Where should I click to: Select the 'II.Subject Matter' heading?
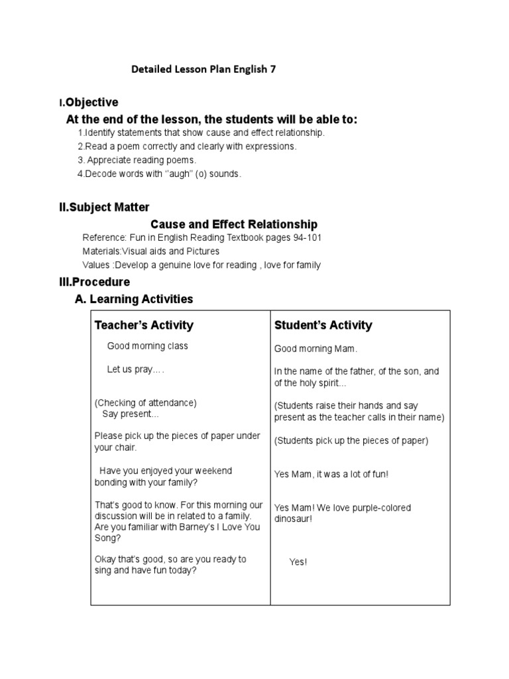pyautogui.click(x=104, y=208)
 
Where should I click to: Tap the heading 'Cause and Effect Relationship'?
pyautogui.click(x=234, y=224)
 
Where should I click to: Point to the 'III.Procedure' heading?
pyautogui.click(x=94, y=282)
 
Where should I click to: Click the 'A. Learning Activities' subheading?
pyautogui.click(x=134, y=299)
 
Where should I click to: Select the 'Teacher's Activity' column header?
pyautogui.click(x=144, y=325)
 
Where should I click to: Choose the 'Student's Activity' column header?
pyautogui.click(x=323, y=325)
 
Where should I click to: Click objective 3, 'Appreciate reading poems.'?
pyautogui.click(x=137, y=160)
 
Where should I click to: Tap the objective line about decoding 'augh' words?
pyautogui.click(x=160, y=174)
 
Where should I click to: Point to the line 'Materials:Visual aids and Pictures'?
pyautogui.click(x=150, y=251)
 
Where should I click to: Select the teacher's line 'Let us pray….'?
pyautogui.click(x=135, y=369)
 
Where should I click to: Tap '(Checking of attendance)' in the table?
pyautogui.click(x=145, y=402)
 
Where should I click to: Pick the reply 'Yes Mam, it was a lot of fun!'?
pyautogui.click(x=331, y=474)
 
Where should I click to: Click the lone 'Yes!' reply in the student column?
pyautogui.click(x=298, y=562)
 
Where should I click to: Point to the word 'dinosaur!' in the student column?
pyautogui.click(x=293, y=519)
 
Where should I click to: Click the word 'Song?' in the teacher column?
pyautogui.click(x=107, y=538)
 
